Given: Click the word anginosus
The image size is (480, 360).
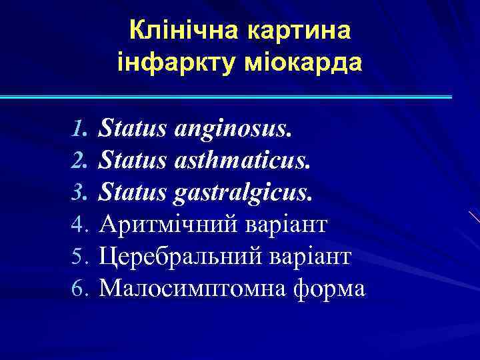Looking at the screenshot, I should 234,127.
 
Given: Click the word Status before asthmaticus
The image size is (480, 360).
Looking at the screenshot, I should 133,159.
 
